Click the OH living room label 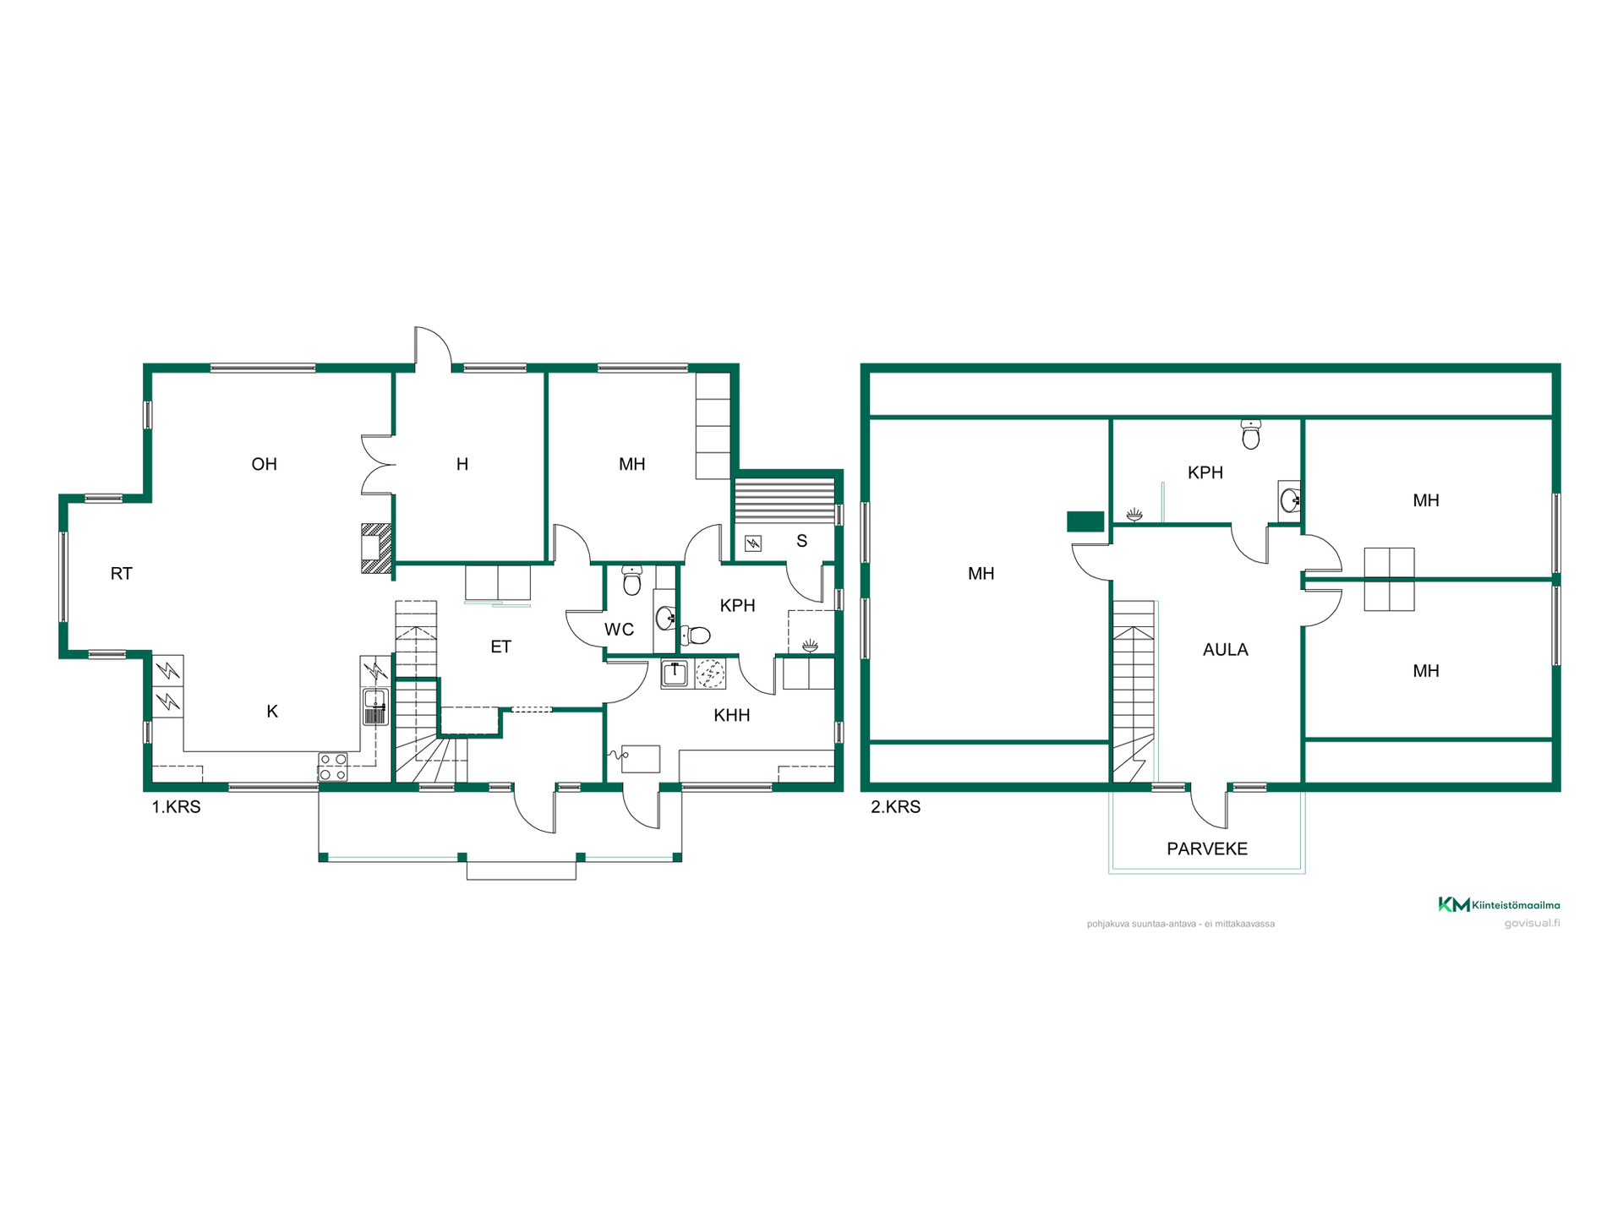[264, 464]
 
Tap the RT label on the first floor [121, 574]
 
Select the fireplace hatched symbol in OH [377, 548]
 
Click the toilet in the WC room [631, 581]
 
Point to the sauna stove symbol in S [752, 543]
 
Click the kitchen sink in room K [375, 707]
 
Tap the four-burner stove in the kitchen [332, 767]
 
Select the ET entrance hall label [500, 647]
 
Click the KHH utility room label [731, 715]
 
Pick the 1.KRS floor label [176, 807]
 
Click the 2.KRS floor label [895, 807]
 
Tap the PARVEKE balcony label [1207, 849]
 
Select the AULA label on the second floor [1225, 649]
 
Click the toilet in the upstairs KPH [1251, 434]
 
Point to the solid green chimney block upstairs [1085, 521]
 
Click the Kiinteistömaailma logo [1499, 904]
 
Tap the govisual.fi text [1532, 923]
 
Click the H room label [462, 464]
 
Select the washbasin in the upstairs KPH [1290, 500]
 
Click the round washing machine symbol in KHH [710, 674]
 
